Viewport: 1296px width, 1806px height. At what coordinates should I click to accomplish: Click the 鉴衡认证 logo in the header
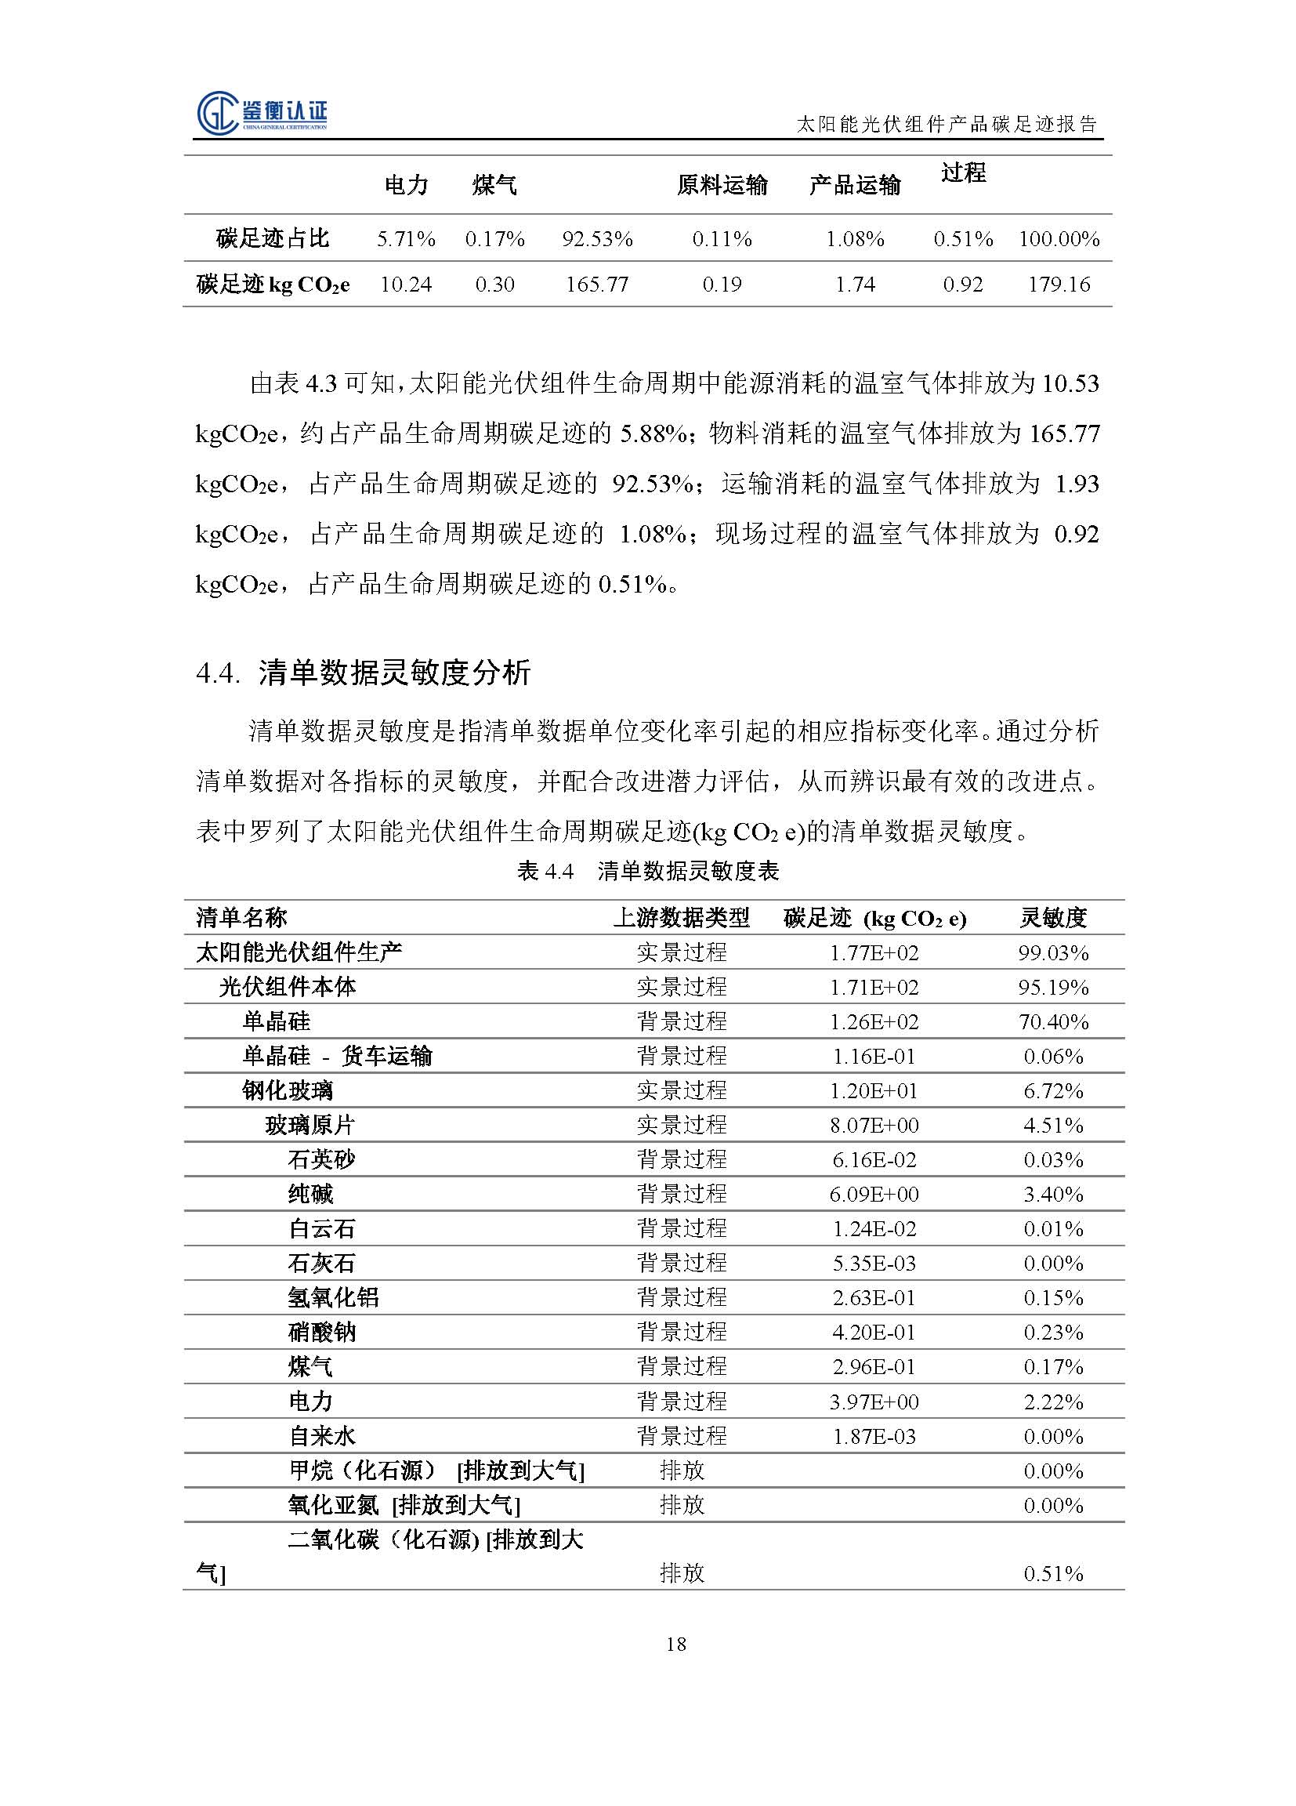(262, 112)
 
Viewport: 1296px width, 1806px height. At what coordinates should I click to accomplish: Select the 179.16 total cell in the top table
(1058, 285)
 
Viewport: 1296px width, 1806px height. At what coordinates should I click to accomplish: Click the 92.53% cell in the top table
(597, 239)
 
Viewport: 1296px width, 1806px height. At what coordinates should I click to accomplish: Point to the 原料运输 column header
(722, 186)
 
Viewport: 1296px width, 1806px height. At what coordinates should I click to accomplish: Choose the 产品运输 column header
(855, 186)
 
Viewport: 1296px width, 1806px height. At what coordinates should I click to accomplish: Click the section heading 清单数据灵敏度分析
(394, 673)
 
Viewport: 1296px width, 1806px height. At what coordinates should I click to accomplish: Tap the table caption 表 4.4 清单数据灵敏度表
(648, 871)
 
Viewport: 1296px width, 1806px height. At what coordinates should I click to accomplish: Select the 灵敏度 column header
(1053, 918)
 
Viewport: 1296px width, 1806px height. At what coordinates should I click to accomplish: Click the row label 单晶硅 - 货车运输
(338, 1056)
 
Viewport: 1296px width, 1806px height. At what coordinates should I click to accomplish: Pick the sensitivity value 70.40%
(1053, 1021)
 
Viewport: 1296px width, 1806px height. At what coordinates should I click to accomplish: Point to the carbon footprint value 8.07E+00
(874, 1125)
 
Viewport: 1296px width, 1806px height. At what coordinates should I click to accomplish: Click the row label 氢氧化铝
(321, 1298)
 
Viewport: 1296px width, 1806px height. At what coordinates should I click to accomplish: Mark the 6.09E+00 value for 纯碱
(874, 1195)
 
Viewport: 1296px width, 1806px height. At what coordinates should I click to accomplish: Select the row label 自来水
(321, 1437)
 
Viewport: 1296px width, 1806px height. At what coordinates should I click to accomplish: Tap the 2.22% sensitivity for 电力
(1053, 1402)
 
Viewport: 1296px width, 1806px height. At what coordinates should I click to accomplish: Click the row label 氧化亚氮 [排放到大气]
(404, 1505)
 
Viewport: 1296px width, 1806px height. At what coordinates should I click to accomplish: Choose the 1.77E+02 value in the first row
(874, 953)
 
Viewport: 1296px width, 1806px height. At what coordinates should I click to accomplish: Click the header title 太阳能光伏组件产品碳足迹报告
(947, 124)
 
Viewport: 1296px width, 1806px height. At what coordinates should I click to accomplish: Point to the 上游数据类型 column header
(682, 918)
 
